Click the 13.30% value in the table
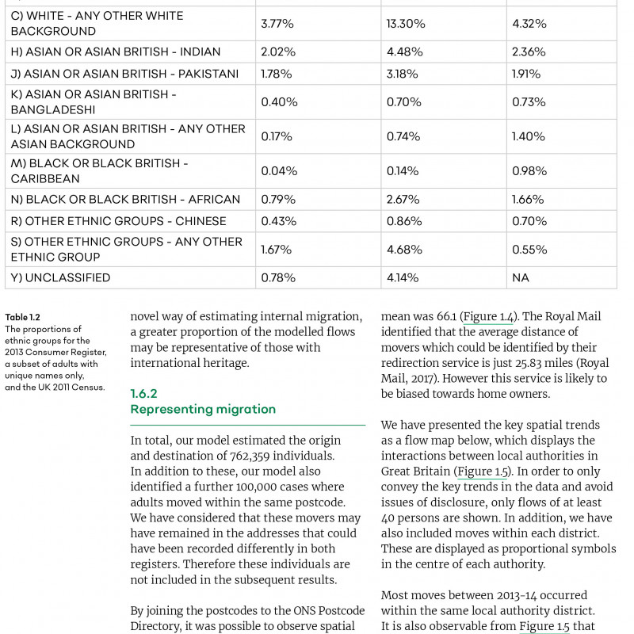coord(406,24)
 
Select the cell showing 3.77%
coord(277,24)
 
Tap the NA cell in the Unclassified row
coord(521,278)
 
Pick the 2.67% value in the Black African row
coord(403,200)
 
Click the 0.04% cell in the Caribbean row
coord(279,171)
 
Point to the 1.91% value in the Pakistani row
coord(526,74)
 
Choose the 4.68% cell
coord(403,250)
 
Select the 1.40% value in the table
coord(529,136)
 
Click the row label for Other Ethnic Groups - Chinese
coord(118,221)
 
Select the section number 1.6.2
coord(144,394)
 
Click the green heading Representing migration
coord(203,410)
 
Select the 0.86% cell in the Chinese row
coord(404,221)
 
